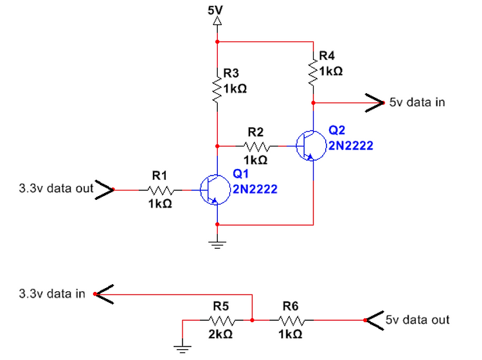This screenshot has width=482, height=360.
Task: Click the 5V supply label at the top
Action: (x=215, y=10)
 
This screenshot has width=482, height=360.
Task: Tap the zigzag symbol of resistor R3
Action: (x=217, y=89)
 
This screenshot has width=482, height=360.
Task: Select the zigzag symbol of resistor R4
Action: (x=313, y=72)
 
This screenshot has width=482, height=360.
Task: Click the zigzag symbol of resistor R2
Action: (x=256, y=147)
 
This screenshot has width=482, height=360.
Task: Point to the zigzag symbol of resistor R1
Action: (x=161, y=190)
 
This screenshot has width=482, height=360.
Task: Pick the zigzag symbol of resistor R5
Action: (x=222, y=320)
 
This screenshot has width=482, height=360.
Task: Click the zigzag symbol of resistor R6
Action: (x=291, y=320)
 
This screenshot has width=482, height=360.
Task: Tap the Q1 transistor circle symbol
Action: (x=215, y=190)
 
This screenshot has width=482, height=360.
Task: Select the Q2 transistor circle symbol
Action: (x=311, y=146)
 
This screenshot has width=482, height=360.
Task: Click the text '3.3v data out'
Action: (x=56, y=188)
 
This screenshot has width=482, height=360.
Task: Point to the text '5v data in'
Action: (x=417, y=102)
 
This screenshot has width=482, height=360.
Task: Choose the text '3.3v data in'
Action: (x=52, y=294)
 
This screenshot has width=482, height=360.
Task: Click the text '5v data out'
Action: (x=418, y=319)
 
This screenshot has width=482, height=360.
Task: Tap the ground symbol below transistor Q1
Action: (x=217, y=245)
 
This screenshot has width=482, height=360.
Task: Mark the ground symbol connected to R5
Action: (x=183, y=349)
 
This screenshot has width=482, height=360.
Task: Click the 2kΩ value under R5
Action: (x=220, y=334)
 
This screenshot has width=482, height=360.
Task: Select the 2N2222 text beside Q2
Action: (x=351, y=145)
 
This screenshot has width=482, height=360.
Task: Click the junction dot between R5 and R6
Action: (x=252, y=320)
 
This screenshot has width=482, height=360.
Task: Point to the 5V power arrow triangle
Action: (x=217, y=21)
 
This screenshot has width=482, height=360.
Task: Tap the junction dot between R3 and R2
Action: (x=217, y=147)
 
